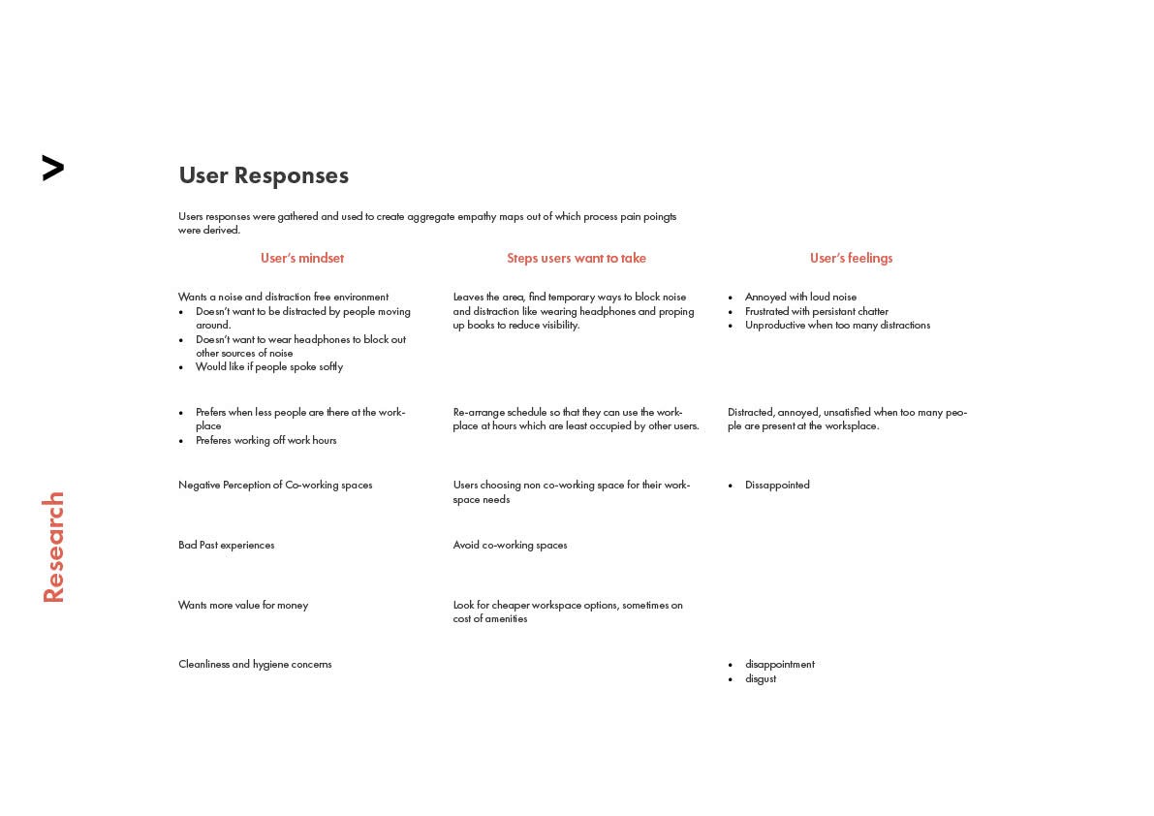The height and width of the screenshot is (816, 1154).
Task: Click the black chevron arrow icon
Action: (53, 168)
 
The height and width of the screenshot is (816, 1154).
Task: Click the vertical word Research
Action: (53, 548)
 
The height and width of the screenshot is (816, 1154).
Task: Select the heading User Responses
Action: (264, 175)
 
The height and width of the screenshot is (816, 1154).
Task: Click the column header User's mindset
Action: (301, 258)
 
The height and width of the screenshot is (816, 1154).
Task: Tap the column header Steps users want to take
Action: (577, 258)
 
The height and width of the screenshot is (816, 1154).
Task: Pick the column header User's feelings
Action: (851, 258)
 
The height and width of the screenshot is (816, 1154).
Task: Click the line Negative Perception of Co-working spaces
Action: (275, 485)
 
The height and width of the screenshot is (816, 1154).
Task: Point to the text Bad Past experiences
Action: (226, 545)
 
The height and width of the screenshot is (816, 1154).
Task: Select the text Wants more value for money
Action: (243, 605)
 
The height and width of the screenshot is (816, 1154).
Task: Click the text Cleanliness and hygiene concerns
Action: (255, 664)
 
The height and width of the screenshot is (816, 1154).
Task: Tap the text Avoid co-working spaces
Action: (510, 545)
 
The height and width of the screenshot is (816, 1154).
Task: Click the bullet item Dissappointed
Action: (777, 485)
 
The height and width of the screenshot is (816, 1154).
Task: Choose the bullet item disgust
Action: (761, 678)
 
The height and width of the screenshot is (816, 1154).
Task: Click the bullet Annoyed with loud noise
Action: (800, 297)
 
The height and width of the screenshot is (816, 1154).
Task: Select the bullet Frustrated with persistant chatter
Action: (816, 311)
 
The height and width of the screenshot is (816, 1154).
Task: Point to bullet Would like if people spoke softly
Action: (269, 366)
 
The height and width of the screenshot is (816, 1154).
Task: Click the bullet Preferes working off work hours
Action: (265, 440)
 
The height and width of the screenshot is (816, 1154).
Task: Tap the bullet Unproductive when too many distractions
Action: (837, 325)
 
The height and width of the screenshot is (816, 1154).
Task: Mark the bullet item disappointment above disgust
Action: (779, 664)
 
